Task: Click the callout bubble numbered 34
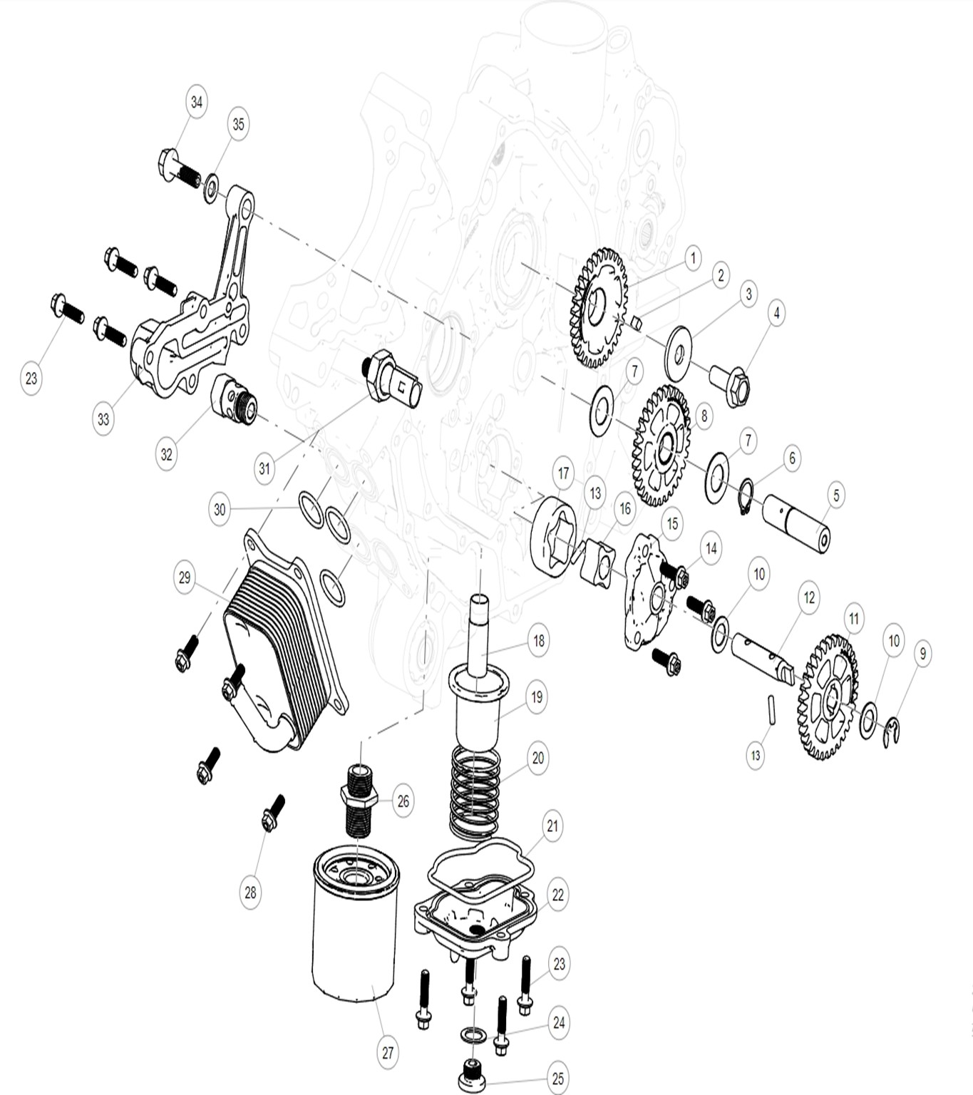(x=197, y=102)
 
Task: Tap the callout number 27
(x=388, y=1052)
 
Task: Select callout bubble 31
(x=264, y=468)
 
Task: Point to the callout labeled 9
(x=922, y=654)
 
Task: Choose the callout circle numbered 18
(x=538, y=640)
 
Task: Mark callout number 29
(x=185, y=577)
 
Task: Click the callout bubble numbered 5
(x=836, y=495)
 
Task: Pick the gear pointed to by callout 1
(x=598, y=308)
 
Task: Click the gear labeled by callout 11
(x=827, y=697)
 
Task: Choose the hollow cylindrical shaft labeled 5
(x=796, y=523)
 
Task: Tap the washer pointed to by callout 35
(x=212, y=189)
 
